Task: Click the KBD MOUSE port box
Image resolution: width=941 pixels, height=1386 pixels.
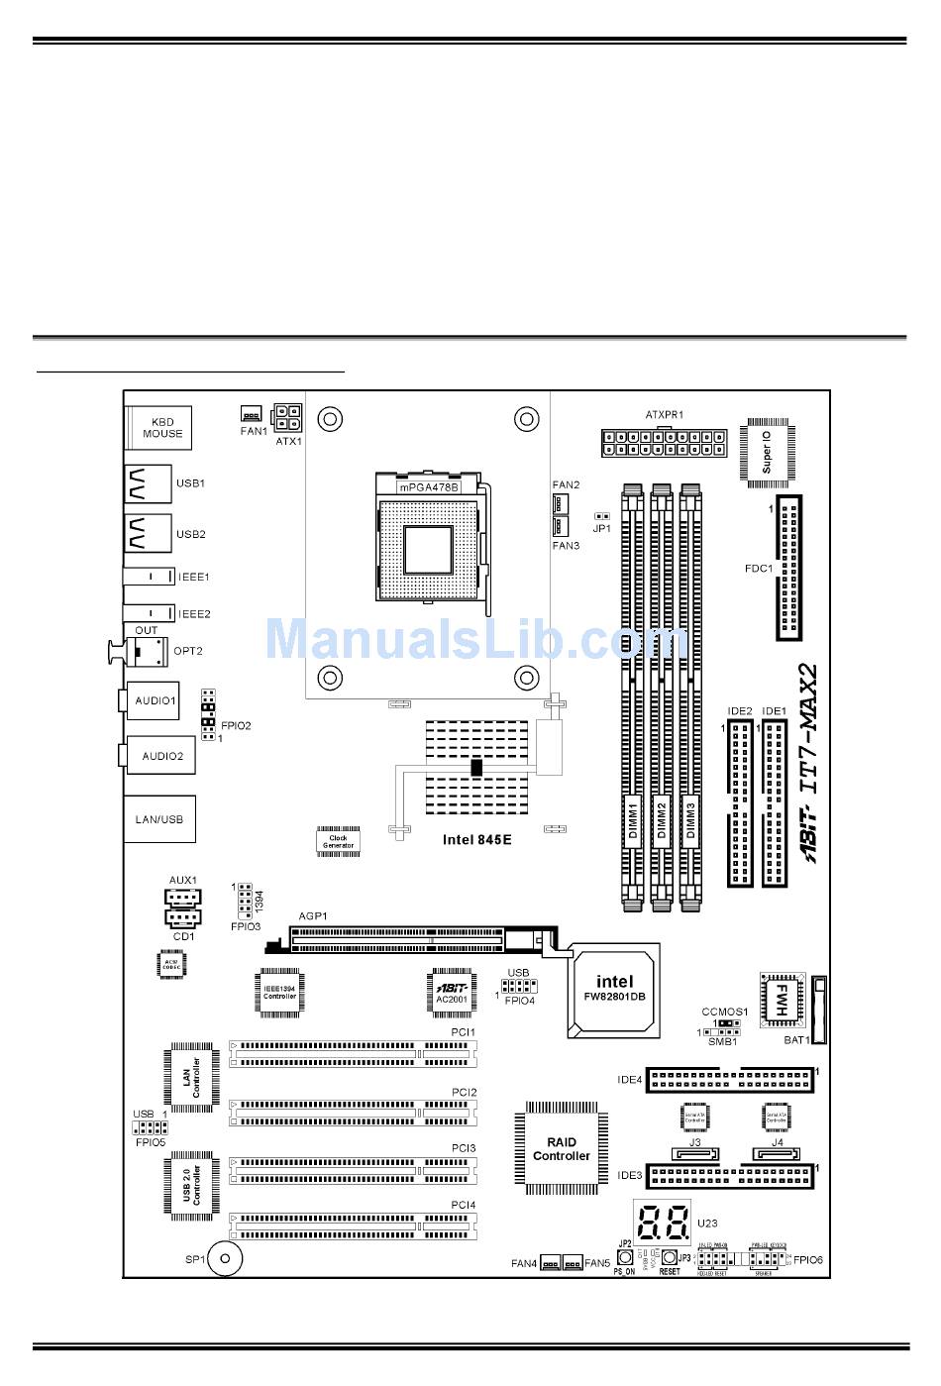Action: click(158, 428)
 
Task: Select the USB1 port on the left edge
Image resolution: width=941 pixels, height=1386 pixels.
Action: click(148, 483)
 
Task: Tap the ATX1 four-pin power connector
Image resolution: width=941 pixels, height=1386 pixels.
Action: click(288, 414)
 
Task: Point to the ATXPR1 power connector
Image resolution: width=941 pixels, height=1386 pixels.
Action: click(663, 442)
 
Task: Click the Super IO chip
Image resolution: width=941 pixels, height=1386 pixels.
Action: click(766, 452)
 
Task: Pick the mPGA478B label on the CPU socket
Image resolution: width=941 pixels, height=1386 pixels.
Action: click(428, 488)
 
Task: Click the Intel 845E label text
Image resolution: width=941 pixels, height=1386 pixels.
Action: click(476, 840)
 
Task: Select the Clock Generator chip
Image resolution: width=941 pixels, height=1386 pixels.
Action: click(338, 841)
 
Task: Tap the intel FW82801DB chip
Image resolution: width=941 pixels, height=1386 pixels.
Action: click(614, 989)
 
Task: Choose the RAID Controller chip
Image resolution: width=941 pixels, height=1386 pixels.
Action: click(561, 1148)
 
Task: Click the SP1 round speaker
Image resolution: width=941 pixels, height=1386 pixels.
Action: click(226, 1260)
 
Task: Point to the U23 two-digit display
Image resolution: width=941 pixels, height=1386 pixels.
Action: click(663, 1225)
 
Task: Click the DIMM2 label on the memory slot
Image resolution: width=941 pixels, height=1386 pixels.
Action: click(661, 821)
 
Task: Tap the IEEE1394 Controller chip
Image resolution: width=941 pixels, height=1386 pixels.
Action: click(279, 992)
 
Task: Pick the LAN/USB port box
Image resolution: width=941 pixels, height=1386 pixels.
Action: click(158, 819)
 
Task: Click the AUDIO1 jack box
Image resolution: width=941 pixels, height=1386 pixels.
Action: click(155, 701)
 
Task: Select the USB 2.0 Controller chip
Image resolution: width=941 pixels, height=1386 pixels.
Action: click(191, 1185)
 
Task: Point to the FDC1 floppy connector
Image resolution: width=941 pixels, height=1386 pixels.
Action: click(789, 569)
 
